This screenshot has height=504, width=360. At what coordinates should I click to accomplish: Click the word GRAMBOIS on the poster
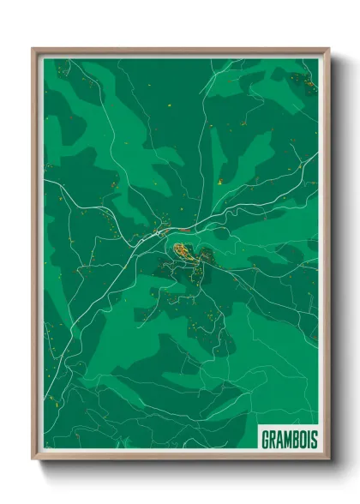[x=288, y=439]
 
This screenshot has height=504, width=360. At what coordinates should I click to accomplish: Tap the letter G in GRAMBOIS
[x=263, y=439]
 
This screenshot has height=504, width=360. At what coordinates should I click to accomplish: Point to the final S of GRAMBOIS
[x=314, y=439]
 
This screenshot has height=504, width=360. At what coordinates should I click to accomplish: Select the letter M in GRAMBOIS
[x=285, y=439]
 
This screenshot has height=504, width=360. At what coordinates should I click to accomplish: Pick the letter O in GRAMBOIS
[x=302, y=439]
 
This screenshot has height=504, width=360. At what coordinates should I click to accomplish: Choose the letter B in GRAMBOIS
[x=294, y=439]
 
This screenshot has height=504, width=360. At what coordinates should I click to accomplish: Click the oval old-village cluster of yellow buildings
[x=183, y=250]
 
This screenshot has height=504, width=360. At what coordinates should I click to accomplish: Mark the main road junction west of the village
[x=159, y=231]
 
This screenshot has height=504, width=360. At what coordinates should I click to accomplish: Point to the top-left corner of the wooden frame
[x=33, y=50]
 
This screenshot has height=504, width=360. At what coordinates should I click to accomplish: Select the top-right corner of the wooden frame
[x=328, y=50]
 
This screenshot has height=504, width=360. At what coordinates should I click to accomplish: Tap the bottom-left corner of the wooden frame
[x=33, y=459]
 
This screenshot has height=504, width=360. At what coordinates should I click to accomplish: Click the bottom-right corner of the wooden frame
[x=328, y=459]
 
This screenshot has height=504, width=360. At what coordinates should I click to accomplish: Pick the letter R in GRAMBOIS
[x=270, y=439]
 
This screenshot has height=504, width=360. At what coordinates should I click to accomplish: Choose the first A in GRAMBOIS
[x=277, y=439]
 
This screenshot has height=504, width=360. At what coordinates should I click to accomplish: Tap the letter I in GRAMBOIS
[x=308, y=439]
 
